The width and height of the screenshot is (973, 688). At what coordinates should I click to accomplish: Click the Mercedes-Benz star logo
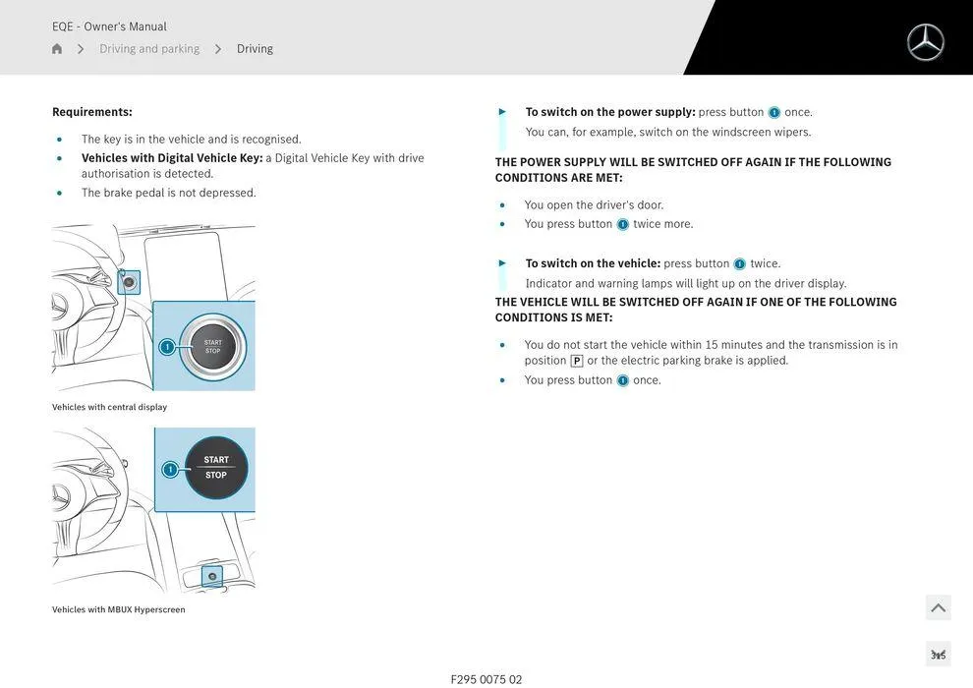click(x=925, y=42)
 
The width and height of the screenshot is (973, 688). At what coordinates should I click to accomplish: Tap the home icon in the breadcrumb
click(x=57, y=49)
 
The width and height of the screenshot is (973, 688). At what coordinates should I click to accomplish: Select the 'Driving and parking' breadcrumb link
click(x=149, y=49)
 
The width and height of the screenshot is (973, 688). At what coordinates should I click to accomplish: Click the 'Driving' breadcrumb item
click(x=255, y=49)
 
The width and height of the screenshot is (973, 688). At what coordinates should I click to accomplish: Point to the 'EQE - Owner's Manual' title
click(x=109, y=27)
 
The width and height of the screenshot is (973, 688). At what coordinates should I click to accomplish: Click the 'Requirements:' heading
click(x=92, y=112)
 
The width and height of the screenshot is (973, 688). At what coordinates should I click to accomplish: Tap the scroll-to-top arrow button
click(x=938, y=608)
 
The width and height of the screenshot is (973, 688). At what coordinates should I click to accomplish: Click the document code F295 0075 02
click(x=486, y=679)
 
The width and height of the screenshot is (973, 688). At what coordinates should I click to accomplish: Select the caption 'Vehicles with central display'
click(x=109, y=407)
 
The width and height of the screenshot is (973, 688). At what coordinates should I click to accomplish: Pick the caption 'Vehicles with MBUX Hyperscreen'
click(x=119, y=609)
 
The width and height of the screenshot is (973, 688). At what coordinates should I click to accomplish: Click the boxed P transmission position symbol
click(x=577, y=361)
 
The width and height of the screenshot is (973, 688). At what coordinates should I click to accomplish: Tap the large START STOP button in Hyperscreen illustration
click(x=216, y=468)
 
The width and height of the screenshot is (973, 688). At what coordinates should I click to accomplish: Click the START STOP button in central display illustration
click(x=213, y=347)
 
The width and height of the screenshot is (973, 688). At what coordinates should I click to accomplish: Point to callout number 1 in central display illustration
click(x=167, y=347)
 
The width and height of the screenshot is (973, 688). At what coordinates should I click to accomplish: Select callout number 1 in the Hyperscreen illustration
click(x=170, y=470)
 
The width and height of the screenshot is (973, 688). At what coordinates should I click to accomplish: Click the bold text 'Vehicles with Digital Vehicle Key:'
click(x=172, y=158)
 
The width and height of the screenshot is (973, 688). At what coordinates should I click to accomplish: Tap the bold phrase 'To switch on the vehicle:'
click(x=593, y=263)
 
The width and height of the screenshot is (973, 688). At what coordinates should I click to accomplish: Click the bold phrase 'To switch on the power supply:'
click(x=610, y=112)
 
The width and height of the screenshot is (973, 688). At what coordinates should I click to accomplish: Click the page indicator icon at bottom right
click(x=938, y=655)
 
